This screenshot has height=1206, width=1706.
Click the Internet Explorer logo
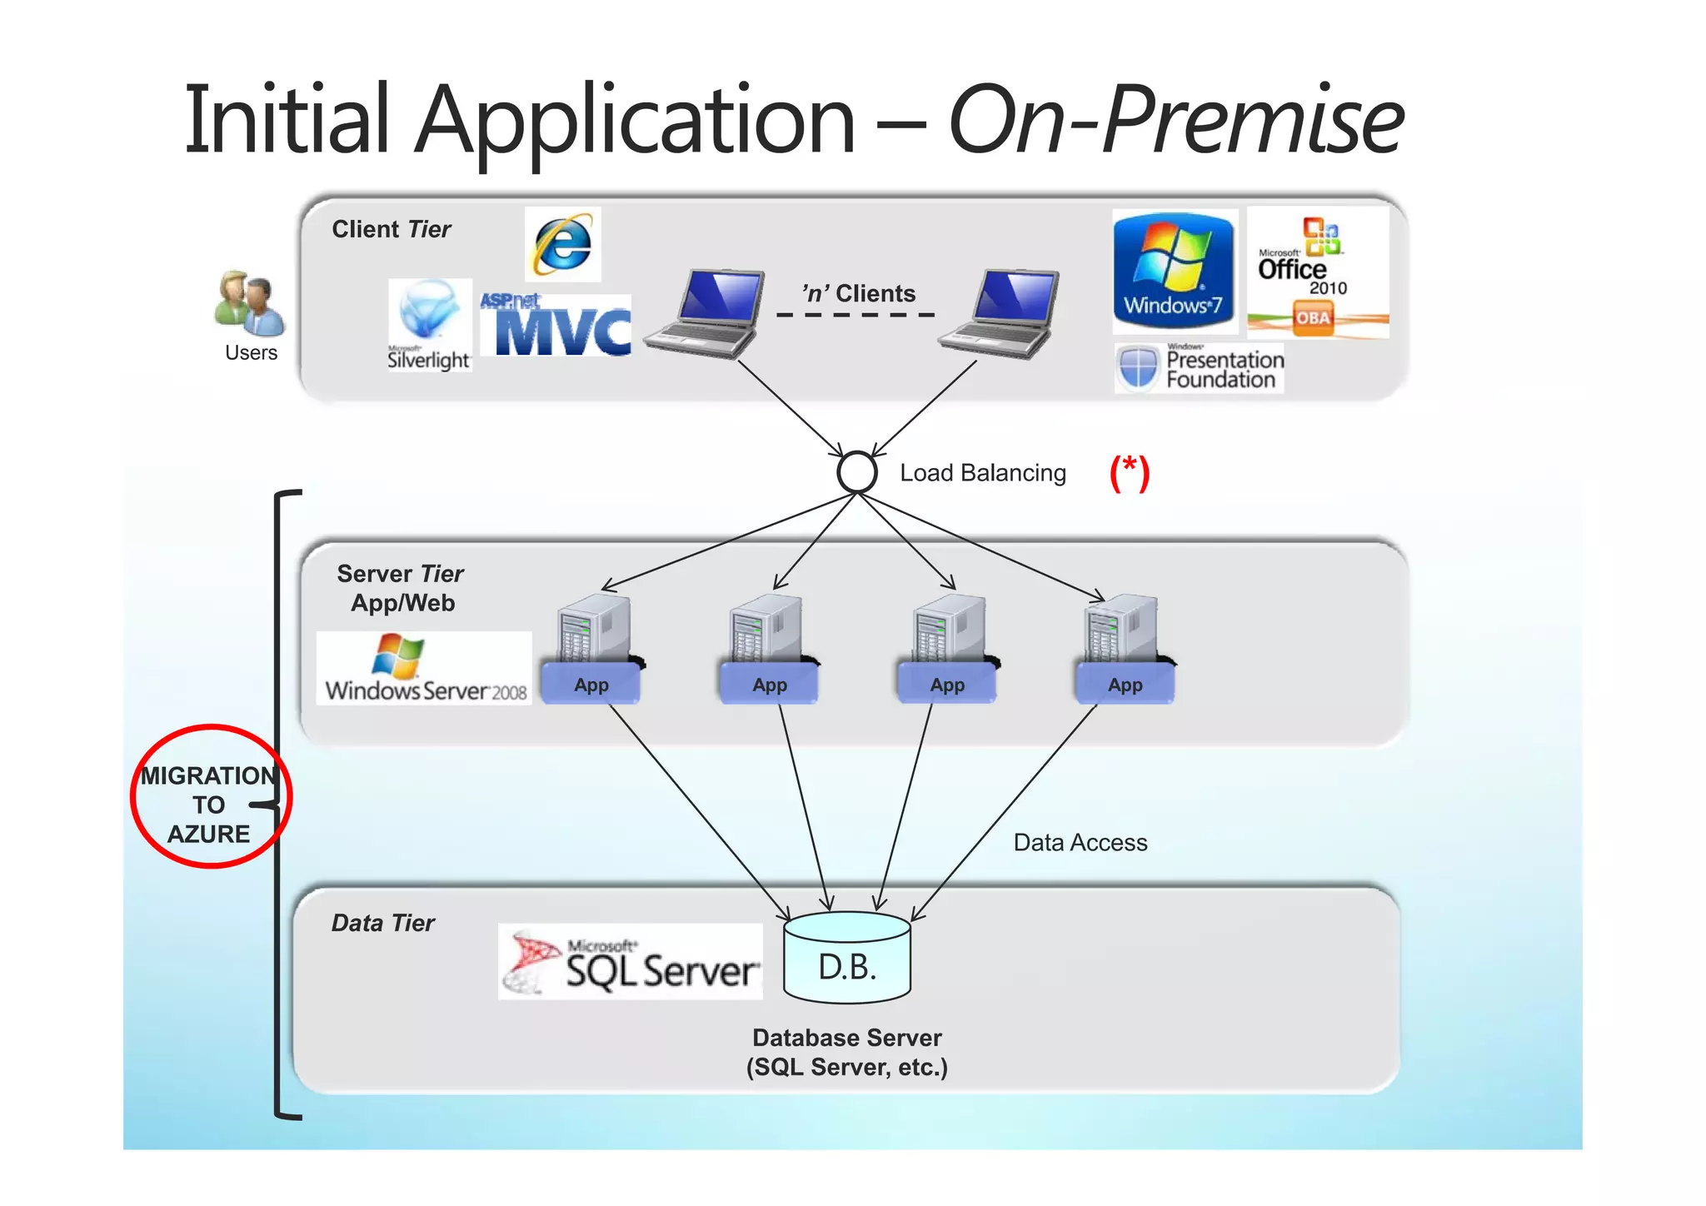click(563, 244)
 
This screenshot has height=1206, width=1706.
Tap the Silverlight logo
click(430, 325)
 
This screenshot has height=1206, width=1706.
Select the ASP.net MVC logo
click(556, 326)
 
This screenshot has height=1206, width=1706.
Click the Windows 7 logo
click(1174, 272)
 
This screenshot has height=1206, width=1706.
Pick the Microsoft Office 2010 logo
click(1317, 272)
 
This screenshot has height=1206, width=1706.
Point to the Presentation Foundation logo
click(1200, 368)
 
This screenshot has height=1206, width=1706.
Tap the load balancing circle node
click(856, 472)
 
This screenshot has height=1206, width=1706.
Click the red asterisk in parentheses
click(1129, 473)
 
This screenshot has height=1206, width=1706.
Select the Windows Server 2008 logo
click(424, 669)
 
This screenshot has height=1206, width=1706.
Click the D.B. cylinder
click(847, 957)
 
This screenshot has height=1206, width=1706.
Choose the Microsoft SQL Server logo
click(631, 962)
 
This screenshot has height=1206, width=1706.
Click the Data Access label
click(1080, 843)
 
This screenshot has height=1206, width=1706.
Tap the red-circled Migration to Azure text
click(209, 804)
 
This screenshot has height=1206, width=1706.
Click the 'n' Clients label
click(858, 294)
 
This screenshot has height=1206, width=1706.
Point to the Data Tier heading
click(383, 923)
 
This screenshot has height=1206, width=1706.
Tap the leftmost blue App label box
click(591, 685)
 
